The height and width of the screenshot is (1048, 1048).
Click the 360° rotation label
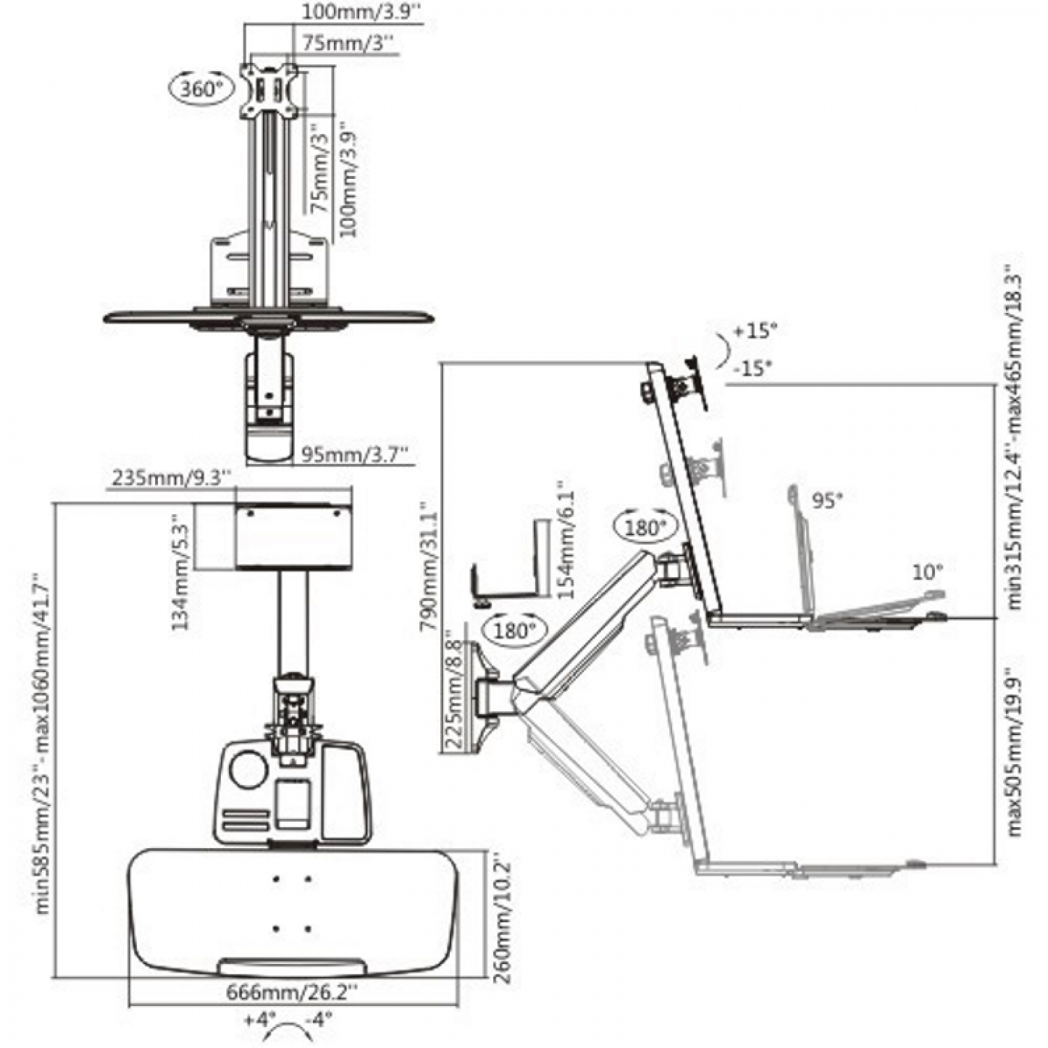198,88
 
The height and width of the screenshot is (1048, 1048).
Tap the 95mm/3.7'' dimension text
355,454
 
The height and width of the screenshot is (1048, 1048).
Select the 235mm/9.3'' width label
171,477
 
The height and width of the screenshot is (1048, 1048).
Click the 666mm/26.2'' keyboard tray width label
292,993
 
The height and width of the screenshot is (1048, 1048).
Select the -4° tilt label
320,1019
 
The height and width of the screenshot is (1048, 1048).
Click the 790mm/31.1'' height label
430,567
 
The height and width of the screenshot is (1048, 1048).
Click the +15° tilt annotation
756,331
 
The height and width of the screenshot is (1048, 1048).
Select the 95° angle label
827,501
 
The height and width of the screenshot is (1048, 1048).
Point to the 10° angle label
926,572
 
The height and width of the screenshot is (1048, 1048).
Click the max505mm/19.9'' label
1015,752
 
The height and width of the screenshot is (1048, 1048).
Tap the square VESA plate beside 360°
269,91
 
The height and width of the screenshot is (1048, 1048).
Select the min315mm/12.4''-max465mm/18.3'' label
1015,438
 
